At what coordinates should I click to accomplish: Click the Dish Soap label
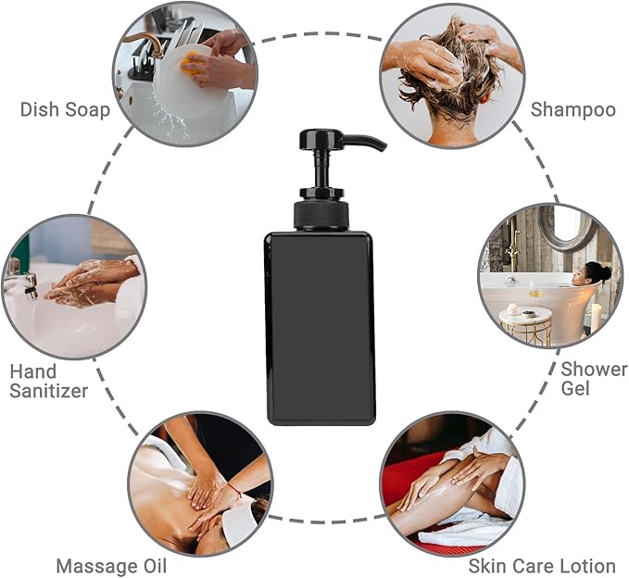(x=65, y=109)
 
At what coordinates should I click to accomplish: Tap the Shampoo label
(x=572, y=109)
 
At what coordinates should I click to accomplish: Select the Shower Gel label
(x=594, y=378)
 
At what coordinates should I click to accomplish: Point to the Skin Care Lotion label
(x=542, y=565)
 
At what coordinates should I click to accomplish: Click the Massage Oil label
(x=111, y=565)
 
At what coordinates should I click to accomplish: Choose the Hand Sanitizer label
(x=48, y=381)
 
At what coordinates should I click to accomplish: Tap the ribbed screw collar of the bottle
(x=321, y=215)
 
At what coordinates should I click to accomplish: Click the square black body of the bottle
(x=320, y=329)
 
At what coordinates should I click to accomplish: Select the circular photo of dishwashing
(x=185, y=74)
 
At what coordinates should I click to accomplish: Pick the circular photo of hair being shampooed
(x=451, y=74)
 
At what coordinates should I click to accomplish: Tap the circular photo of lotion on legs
(x=452, y=483)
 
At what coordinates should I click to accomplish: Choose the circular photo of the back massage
(x=200, y=483)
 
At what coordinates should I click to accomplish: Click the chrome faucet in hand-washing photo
(x=22, y=283)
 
